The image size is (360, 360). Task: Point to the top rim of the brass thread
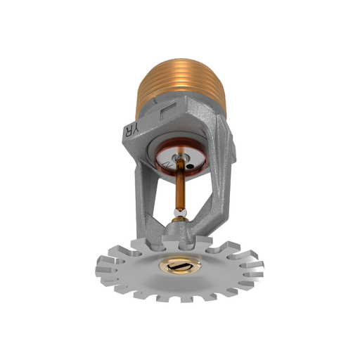(x=181, y=51)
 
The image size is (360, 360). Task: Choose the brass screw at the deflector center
(x=180, y=266)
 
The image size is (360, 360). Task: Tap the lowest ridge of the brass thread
(x=181, y=105)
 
